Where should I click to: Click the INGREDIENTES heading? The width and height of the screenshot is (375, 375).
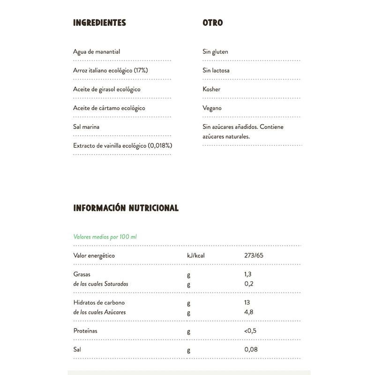(x=99, y=22)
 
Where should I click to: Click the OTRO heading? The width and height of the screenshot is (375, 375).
(x=212, y=22)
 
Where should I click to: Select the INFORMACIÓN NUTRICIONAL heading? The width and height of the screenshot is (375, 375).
(x=126, y=208)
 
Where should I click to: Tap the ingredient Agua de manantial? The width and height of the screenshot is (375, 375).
(x=93, y=52)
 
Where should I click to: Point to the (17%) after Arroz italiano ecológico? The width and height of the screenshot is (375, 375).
(x=140, y=70)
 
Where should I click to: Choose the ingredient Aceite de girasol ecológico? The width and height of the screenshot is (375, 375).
(x=107, y=89)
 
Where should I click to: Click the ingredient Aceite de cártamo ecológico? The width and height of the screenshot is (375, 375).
(x=109, y=108)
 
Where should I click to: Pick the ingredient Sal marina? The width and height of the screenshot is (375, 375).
(x=86, y=127)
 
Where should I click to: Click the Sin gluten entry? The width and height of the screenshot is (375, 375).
(x=215, y=52)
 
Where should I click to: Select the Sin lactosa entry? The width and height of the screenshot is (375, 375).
(x=216, y=70)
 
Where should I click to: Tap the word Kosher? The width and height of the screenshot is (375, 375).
(x=211, y=89)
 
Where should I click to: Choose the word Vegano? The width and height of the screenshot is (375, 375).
(x=212, y=108)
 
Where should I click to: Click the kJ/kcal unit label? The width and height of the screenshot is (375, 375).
(x=196, y=255)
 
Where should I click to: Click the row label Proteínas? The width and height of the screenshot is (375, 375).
(x=85, y=331)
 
